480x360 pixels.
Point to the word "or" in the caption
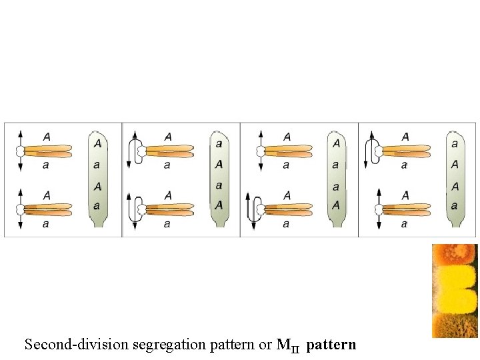(x=265, y=345)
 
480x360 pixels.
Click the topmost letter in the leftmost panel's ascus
(x=97, y=143)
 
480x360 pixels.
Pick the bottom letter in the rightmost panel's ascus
(x=455, y=206)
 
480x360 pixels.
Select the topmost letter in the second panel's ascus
(x=219, y=143)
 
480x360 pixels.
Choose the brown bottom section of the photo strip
(x=455, y=324)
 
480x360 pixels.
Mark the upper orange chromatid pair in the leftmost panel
(x=47, y=151)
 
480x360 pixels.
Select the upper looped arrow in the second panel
(x=134, y=151)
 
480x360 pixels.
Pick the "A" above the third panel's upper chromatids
(x=287, y=137)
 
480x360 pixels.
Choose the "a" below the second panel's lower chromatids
(x=167, y=224)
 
